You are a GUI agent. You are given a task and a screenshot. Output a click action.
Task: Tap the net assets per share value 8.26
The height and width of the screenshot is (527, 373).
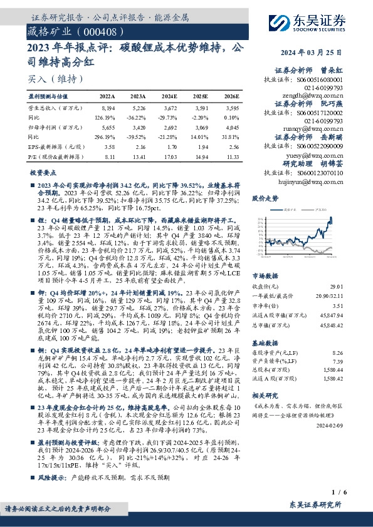pyautogui.click(x=339, y=354)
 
